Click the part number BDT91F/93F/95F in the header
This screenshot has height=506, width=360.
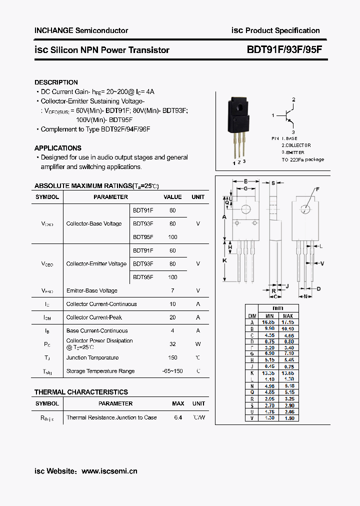coord(286,50)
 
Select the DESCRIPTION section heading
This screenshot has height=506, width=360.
coord(56,82)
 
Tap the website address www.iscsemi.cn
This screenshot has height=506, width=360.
coord(109,471)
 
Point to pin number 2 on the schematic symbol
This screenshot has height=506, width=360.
coord(293,100)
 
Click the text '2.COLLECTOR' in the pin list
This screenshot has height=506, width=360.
coord(296,145)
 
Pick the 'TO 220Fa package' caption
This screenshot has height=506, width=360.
coord(302,159)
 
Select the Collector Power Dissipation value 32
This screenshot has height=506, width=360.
coord(172,344)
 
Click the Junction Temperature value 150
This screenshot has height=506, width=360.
coord(172,357)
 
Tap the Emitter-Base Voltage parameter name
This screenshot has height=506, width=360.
coord(92,290)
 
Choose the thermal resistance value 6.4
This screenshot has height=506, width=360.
coord(178,417)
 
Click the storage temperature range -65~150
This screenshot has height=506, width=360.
coord(172,371)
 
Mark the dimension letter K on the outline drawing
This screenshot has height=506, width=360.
coord(224,260)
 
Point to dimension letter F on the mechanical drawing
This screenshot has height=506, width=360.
coord(317,189)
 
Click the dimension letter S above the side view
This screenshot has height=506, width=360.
coord(273,183)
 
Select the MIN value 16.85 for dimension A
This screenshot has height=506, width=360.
coord(269,322)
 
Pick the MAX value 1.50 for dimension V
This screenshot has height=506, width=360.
coord(288,418)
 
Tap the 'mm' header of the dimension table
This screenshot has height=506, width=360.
coord(277,308)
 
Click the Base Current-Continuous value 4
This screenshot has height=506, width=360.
coord(172,330)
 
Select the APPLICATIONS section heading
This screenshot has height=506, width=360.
coord(57,148)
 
